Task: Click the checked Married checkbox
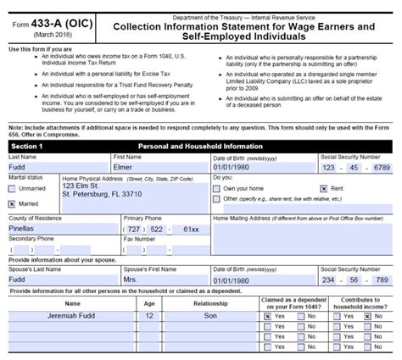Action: point(13,204)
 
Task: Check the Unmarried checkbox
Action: point(13,189)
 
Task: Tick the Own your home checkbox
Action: point(218,188)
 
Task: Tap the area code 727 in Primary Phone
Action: point(137,229)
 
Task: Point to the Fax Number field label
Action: point(141,239)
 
